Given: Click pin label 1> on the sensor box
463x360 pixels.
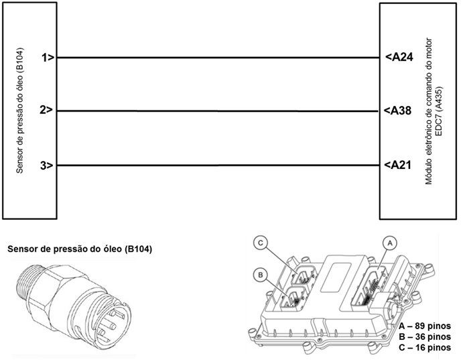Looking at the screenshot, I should [47, 58].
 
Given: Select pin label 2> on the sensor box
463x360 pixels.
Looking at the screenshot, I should [47, 111].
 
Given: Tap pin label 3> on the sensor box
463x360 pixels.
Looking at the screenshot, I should [47, 166].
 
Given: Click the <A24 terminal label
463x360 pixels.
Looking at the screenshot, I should [398, 58].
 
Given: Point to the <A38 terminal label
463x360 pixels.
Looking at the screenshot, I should [398, 111].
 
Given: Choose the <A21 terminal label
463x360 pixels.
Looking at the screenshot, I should [398, 166].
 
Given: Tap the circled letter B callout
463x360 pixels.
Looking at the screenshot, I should [260, 274].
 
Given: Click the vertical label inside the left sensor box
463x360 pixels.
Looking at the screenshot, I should [20, 111].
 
